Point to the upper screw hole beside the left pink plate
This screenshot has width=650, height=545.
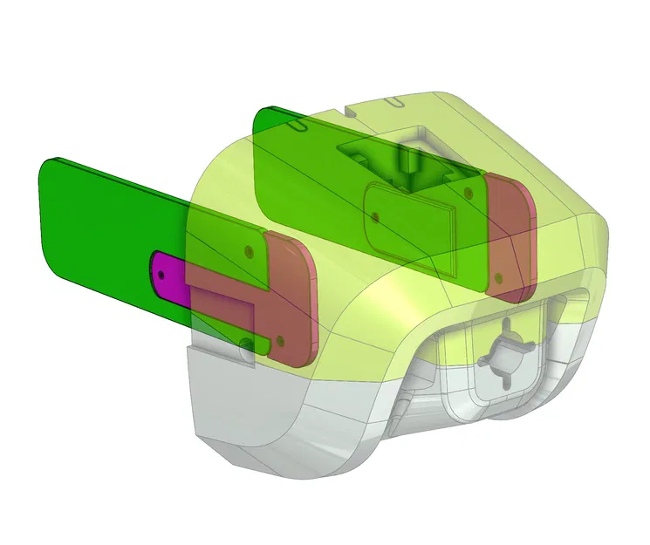(250, 249)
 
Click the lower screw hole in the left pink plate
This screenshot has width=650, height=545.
(280, 338)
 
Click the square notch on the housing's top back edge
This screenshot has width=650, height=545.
(349, 111)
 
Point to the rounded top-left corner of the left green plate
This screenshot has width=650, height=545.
(51, 166)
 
